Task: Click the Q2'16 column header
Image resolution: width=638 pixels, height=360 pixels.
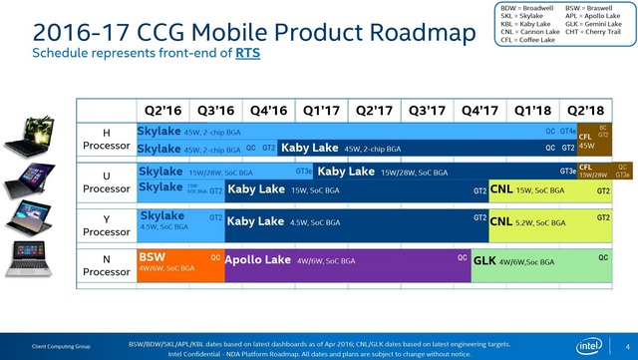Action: point(163,111)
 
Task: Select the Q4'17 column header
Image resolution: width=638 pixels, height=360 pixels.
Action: point(478,111)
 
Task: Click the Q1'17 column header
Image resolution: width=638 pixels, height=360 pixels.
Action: point(320,111)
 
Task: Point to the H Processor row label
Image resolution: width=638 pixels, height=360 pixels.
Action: point(105,139)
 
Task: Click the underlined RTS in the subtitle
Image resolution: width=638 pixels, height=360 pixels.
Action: point(248,52)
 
